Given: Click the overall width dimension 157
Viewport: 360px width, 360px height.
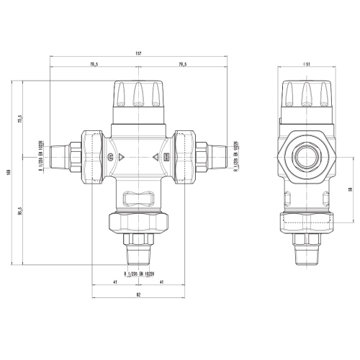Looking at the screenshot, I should click(x=138, y=52).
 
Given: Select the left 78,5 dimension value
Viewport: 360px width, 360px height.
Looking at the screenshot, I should click(x=94, y=65).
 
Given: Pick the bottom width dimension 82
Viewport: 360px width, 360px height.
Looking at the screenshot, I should click(x=138, y=294).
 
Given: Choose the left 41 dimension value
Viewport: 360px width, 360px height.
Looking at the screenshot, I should click(x=115, y=282).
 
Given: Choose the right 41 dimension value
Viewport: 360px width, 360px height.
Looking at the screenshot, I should click(x=160, y=282).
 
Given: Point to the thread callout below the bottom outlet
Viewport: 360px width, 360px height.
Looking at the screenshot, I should click(x=139, y=274).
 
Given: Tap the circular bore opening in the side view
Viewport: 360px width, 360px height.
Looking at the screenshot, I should click(x=307, y=156).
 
